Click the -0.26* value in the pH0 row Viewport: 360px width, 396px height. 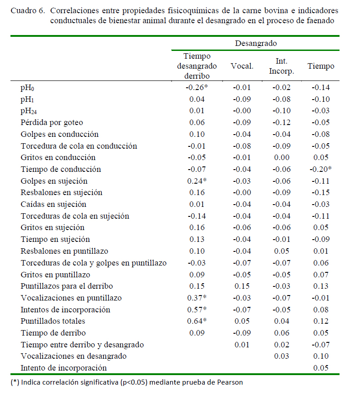[x=197, y=87]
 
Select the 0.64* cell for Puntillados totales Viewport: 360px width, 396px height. [x=197, y=321]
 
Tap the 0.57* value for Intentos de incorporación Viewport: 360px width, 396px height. [x=197, y=309]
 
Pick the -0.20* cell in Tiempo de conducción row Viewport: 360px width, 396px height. [x=320, y=169]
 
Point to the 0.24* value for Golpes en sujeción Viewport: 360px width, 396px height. [x=197, y=181]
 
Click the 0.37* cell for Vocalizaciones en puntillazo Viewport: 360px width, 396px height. [x=197, y=298]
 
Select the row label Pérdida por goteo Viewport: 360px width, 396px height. [x=52, y=122]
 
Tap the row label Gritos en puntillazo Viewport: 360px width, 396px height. [x=56, y=275]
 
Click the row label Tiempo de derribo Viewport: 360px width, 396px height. [x=53, y=333]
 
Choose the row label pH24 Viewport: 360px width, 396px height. [x=29, y=111]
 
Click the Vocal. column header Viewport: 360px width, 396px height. [x=242, y=66]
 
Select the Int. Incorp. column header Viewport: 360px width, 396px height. [x=281, y=66]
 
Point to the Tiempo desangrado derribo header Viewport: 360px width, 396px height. [x=197, y=66]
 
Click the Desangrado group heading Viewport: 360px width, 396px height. [x=256, y=43]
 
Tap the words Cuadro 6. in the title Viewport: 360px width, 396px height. [x=28, y=10]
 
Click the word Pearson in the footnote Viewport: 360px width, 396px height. [x=230, y=382]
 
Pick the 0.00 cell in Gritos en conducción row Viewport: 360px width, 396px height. [x=282, y=157]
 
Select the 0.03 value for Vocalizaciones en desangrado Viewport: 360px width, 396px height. [x=282, y=356]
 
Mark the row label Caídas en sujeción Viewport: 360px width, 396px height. [x=53, y=204]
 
